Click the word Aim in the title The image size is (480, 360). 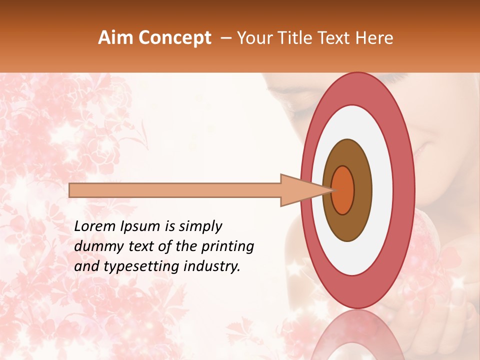click(x=116, y=38)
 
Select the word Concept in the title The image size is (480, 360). click(x=174, y=38)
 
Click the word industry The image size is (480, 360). click(x=211, y=266)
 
